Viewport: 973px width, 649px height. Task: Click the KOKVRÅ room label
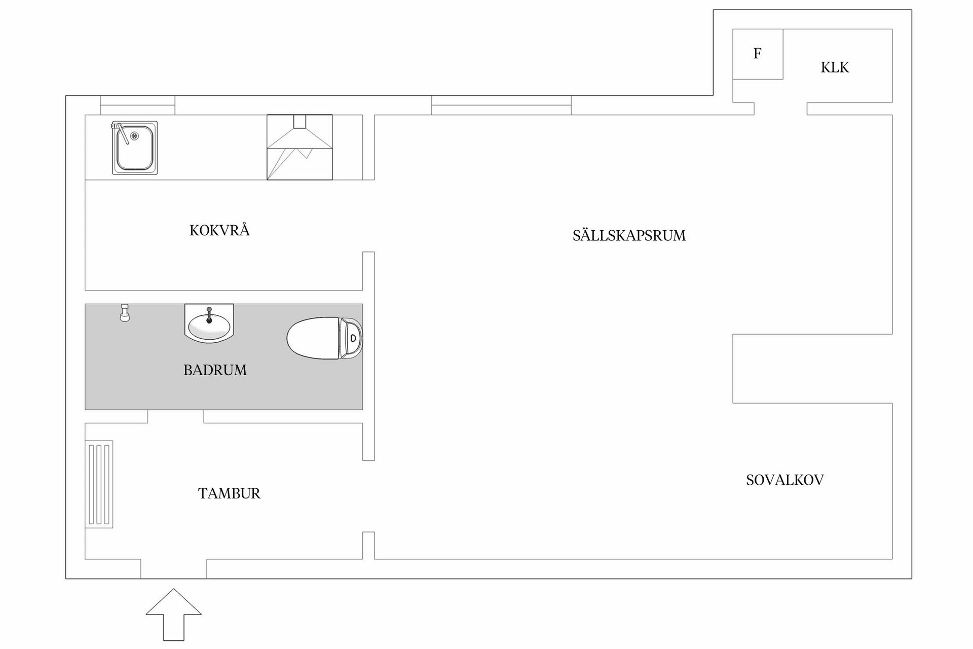(x=219, y=231)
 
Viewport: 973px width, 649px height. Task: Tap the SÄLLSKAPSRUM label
(x=629, y=236)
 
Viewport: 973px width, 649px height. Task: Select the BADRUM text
(x=215, y=370)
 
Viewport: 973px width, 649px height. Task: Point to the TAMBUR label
(x=229, y=493)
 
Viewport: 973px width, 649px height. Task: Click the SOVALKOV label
(x=784, y=480)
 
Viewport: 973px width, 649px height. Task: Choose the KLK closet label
(x=835, y=67)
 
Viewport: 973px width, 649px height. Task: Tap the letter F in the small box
(x=757, y=54)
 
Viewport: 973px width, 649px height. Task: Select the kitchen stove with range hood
(x=300, y=147)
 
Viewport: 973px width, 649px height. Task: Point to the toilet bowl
(x=312, y=338)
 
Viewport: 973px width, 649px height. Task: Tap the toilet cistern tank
(x=351, y=338)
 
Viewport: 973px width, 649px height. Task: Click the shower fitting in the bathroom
(x=124, y=313)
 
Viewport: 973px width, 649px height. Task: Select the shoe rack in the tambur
(x=99, y=484)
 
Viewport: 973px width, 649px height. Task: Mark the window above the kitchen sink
(x=137, y=105)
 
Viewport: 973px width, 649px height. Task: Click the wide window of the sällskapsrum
(x=501, y=105)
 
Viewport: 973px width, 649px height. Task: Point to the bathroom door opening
(x=175, y=416)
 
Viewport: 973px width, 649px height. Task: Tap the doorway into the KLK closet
(x=780, y=109)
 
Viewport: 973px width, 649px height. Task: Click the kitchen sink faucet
(x=120, y=132)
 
